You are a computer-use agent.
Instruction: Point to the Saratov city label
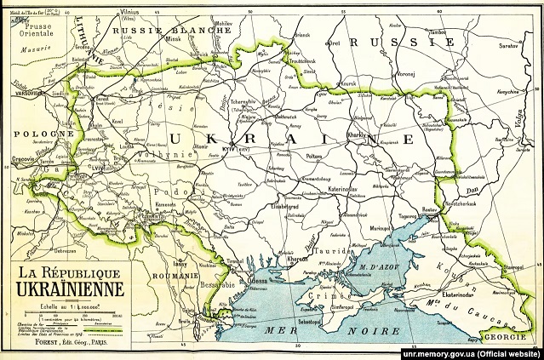click(508, 40)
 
